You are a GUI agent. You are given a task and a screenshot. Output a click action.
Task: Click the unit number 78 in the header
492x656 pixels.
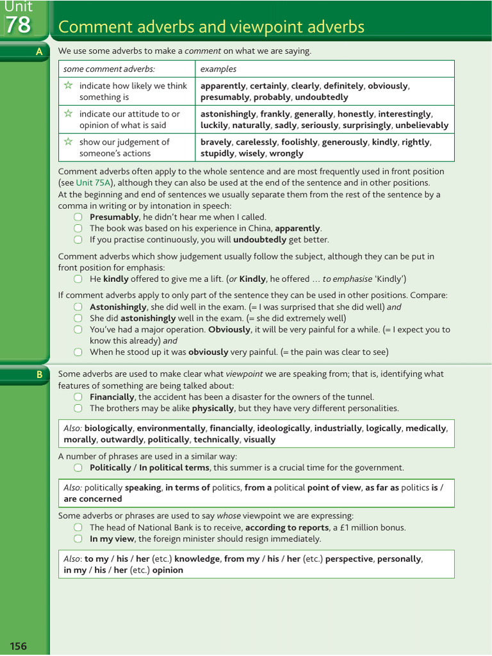[x=18, y=25]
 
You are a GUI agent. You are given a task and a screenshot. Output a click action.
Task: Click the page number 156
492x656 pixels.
[x=19, y=646]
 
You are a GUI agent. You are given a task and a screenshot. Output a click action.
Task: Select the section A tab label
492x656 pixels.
[x=40, y=52]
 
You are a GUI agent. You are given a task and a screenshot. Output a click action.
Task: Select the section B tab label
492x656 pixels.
[x=40, y=375]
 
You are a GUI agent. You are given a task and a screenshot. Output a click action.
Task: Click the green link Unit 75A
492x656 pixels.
[x=93, y=183]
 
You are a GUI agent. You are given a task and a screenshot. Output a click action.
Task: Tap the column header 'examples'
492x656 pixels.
[x=218, y=69]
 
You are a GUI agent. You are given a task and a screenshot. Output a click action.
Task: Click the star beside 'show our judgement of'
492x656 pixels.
[x=69, y=142]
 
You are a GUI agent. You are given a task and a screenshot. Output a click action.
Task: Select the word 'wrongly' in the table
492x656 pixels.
[x=286, y=154]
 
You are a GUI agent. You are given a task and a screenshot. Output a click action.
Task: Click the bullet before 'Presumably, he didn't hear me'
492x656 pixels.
[x=78, y=217]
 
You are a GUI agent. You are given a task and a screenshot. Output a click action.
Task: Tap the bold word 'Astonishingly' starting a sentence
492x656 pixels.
[x=119, y=307]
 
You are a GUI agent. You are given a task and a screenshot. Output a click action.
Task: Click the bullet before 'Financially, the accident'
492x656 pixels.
[x=78, y=397]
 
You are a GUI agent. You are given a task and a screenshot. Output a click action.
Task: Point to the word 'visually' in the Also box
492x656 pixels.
[x=260, y=439]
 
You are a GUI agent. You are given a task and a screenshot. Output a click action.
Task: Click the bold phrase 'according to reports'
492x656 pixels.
[x=286, y=528]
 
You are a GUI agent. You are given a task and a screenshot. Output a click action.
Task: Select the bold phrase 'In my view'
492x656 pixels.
[x=111, y=539]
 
